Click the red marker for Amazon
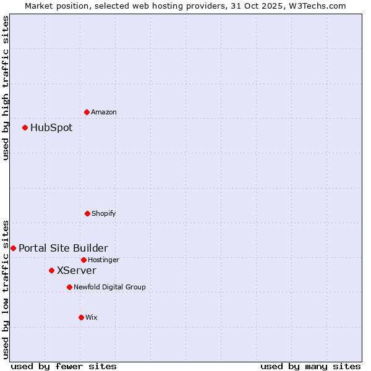point(87,112)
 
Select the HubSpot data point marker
point(25,127)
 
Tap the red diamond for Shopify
point(87,213)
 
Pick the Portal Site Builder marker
point(13,248)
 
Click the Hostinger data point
point(83,260)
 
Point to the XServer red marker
point(51,270)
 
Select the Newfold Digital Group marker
point(69,287)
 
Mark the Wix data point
point(81,317)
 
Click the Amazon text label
point(104,112)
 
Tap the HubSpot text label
point(51,127)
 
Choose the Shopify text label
point(104,213)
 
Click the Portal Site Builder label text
point(63,248)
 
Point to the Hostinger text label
point(103,260)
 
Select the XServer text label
point(77,270)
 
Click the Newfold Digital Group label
point(110,287)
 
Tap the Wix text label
point(92,317)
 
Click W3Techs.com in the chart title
point(315,6)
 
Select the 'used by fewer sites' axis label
point(64,366)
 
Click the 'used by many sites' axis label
point(310,366)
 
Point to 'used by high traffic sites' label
point(6,88)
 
